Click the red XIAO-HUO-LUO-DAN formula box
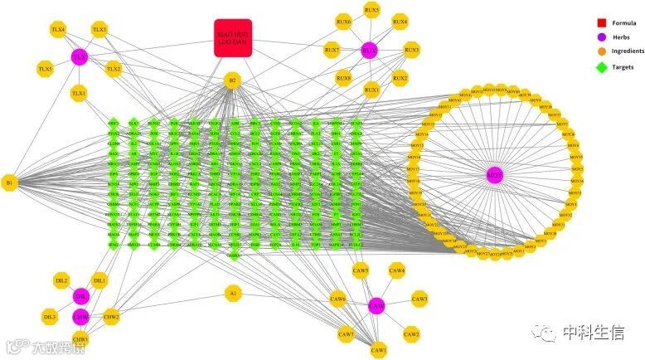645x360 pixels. click(x=233, y=39)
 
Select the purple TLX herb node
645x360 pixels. click(x=80, y=57)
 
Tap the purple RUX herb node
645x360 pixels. click(x=368, y=51)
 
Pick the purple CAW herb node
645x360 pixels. click(x=376, y=306)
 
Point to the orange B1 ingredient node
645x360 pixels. click(x=10, y=182)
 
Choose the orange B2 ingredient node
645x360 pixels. click(x=233, y=81)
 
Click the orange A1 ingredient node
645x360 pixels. click(x=233, y=294)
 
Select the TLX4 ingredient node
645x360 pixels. click(x=58, y=30)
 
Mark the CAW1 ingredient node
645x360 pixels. click(x=379, y=351)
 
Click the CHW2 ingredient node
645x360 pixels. click(x=111, y=316)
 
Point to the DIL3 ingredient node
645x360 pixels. click(x=51, y=317)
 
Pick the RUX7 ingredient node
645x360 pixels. click(x=332, y=51)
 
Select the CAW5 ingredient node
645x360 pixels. click(x=360, y=270)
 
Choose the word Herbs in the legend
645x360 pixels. click(x=623, y=37)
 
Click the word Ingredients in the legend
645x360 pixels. click(x=628, y=51)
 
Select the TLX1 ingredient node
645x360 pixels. click(x=79, y=94)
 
